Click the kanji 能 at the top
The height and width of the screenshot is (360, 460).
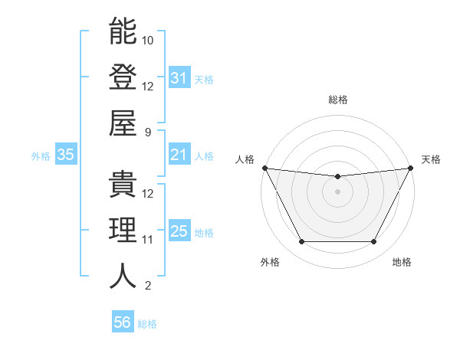pyautogui.click(x=123, y=31)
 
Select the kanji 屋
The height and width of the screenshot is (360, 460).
pyautogui.click(x=123, y=124)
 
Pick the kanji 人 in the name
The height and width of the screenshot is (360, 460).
pyautogui.click(x=123, y=277)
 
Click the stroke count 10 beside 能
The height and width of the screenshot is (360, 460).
pyautogui.click(x=148, y=40)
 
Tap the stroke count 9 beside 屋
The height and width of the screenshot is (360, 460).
pyautogui.click(x=148, y=133)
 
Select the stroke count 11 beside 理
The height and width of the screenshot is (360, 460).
pyautogui.click(x=148, y=240)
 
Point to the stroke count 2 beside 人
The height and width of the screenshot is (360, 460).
pyautogui.click(x=148, y=286)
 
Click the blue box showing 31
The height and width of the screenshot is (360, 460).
pyautogui.click(x=179, y=78)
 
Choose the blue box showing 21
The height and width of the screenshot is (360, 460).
pyautogui.click(x=179, y=155)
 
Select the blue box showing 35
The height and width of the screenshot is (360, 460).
pyautogui.click(x=65, y=155)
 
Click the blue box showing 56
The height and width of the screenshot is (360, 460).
pyautogui.click(x=122, y=322)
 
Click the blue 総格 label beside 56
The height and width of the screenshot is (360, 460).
pyautogui.click(x=147, y=324)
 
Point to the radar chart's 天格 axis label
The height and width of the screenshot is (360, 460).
pyautogui.click(x=432, y=159)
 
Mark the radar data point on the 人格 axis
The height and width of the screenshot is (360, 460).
pyautogui.click(x=264, y=168)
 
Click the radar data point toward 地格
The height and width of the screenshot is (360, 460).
pyautogui.click(x=374, y=242)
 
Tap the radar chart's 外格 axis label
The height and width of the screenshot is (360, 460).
pyautogui.click(x=270, y=263)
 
